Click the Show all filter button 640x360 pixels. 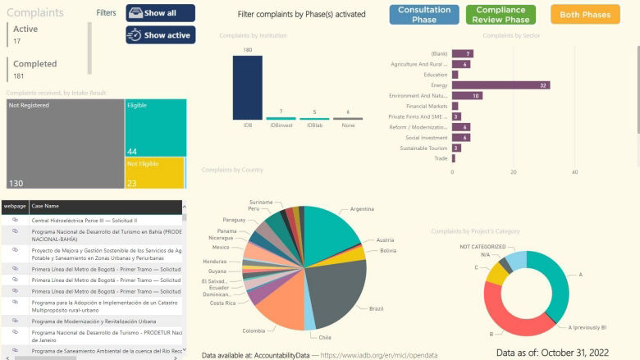pyautogui.click(x=160, y=13)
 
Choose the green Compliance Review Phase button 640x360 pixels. pyautogui.click(x=501, y=14)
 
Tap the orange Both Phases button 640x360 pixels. pyautogui.click(x=585, y=15)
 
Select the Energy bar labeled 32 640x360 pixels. pyautogui.click(x=501, y=85)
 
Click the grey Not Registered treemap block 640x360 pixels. pyautogui.click(x=65, y=144)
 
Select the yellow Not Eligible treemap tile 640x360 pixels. pyautogui.click(x=154, y=173)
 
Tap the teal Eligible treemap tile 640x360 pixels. pyautogui.click(x=154, y=128)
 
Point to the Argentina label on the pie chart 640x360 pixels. pyautogui.click(x=362, y=209)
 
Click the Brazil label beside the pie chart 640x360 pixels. pyautogui.click(x=377, y=308)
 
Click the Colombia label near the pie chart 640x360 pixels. pyautogui.click(x=254, y=330)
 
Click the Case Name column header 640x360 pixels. pyautogui.click(x=46, y=206)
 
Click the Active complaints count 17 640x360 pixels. pyautogui.click(x=17, y=40)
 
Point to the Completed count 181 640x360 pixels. pyautogui.click(x=19, y=75)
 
